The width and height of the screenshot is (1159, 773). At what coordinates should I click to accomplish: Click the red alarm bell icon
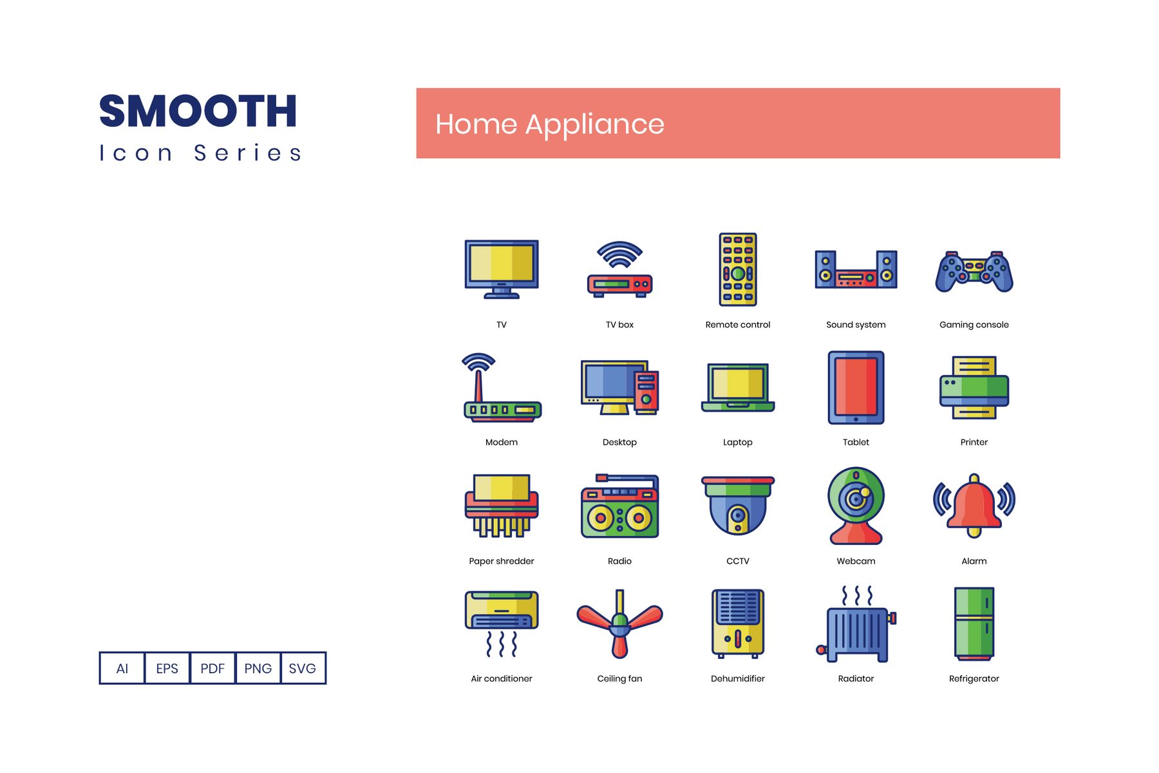pos(974,506)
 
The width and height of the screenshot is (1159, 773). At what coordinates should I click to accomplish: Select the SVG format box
pos(303,668)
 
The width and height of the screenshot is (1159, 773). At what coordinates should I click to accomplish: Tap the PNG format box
pos(258,668)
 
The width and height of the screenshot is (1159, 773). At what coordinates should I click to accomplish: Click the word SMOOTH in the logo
pos(198,111)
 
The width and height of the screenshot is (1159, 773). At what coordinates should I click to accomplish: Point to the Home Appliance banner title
pos(549,124)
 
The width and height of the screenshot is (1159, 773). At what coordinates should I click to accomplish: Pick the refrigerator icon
pos(974,624)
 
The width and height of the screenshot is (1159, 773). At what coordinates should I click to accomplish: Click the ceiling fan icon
pos(619,624)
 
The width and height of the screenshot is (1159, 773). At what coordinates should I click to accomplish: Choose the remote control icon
pos(738,269)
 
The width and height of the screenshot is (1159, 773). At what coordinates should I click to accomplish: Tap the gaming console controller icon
pos(974,271)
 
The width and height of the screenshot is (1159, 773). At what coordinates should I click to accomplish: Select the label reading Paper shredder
pos(502,561)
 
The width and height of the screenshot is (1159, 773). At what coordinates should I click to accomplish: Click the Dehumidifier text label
pos(738,678)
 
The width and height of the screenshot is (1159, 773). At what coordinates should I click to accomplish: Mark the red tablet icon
pos(856,387)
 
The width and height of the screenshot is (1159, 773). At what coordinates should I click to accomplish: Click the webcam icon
pos(856,506)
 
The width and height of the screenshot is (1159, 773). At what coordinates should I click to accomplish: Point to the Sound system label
pos(856,325)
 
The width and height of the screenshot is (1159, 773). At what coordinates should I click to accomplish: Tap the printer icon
pos(974,388)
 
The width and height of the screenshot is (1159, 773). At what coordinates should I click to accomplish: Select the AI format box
pos(122,668)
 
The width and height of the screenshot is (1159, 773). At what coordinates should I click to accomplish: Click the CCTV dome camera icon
pos(738,506)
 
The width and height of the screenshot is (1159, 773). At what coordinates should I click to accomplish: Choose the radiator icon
pos(856,624)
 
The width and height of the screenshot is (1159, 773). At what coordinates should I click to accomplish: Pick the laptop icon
pos(738,387)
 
